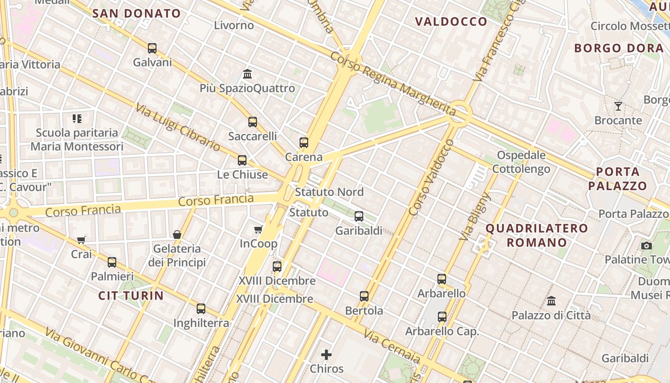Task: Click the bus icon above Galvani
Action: (x=152, y=48)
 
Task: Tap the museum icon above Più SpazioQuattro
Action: (x=247, y=74)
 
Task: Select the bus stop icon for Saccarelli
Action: (x=253, y=122)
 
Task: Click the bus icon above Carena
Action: (x=304, y=143)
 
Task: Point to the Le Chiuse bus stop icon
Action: (x=242, y=160)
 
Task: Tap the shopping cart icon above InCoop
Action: (x=258, y=230)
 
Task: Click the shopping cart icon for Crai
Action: (x=81, y=240)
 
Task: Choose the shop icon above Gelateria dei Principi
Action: (x=177, y=235)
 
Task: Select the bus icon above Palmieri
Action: (x=112, y=262)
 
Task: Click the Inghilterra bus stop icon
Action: (x=201, y=309)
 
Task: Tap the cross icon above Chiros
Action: (x=326, y=355)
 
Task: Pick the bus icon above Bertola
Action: (x=364, y=296)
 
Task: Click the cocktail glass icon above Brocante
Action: (x=618, y=106)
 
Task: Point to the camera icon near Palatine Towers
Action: (x=647, y=246)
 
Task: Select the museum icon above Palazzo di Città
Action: (x=551, y=301)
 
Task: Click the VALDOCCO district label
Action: (x=451, y=22)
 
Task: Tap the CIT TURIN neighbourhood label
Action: (x=131, y=295)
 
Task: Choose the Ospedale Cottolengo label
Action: (x=521, y=162)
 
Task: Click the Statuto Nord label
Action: (x=329, y=192)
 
